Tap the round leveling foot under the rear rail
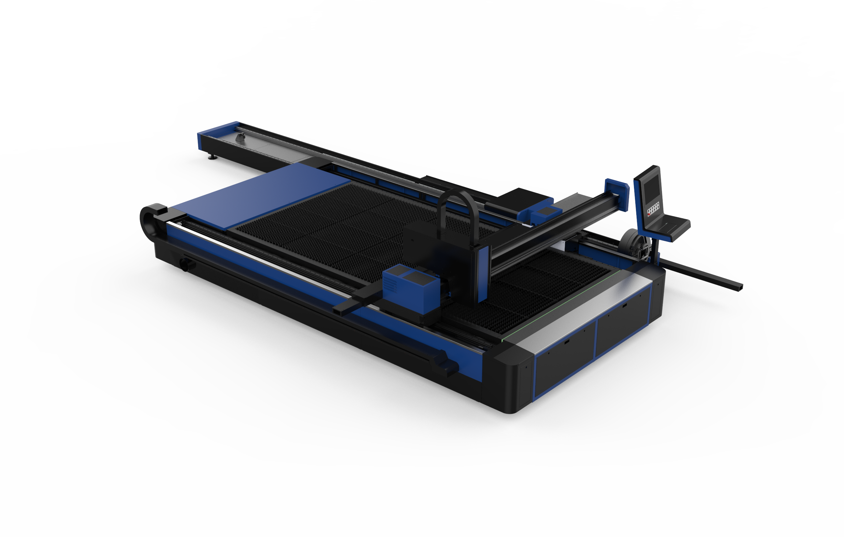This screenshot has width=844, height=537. click(x=212, y=157)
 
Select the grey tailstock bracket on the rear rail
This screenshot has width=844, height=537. click(x=240, y=137)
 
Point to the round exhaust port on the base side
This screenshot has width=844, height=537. click(x=184, y=264)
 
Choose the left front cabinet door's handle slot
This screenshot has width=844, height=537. click(x=567, y=341)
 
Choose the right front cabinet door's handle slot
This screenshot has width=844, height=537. click(x=624, y=306)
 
